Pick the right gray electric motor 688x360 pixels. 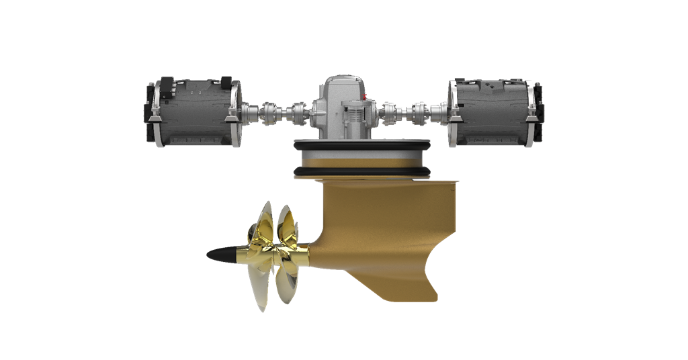click(494, 112)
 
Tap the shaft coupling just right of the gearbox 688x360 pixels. click(390, 111)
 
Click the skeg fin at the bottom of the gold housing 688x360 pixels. click(403, 285)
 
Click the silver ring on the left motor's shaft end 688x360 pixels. click(235, 113)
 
